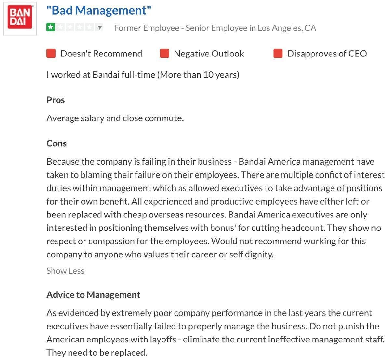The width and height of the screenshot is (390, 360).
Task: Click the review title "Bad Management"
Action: click(x=99, y=10)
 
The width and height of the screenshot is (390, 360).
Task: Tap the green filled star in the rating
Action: click(x=51, y=27)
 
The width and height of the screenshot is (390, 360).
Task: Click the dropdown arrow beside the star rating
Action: click(x=100, y=27)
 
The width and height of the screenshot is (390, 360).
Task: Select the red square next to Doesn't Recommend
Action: click(x=51, y=54)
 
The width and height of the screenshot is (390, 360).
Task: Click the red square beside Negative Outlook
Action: click(x=164, y=54)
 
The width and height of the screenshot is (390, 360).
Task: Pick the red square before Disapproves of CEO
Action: click(x=278, y=54)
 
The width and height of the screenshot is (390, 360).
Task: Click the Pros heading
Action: click(x=56, y=100)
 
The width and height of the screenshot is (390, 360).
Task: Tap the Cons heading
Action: click(x=57, y=143)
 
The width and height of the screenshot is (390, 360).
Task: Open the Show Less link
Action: click(x=65, y=271)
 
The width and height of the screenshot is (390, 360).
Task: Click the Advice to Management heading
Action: click(x=93, y=295)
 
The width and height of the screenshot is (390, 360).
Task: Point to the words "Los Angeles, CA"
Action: click(x=287, y=28)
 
